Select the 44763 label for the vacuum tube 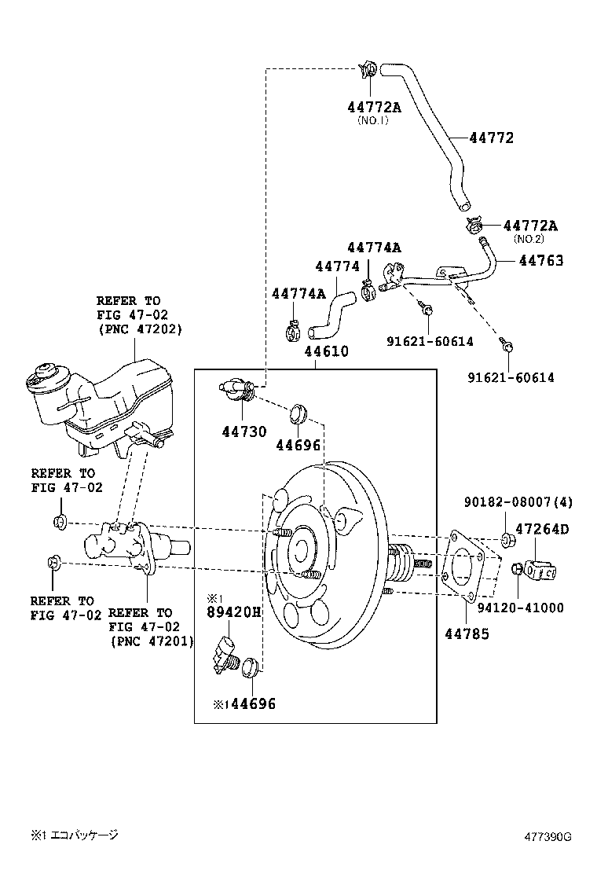click(x=540, y=260)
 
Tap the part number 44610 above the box click(x=327, y=351)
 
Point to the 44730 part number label click(x=244, y=431)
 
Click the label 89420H click(x=233, y=611)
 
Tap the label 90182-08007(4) click(x=518, y=501)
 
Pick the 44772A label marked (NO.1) click(x=374, y=107)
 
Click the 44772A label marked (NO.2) click(x=530, y=226)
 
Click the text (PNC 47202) click(x=140, y=329)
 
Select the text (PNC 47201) click(x=152, y=642)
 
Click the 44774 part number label click(x=337, y=267)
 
